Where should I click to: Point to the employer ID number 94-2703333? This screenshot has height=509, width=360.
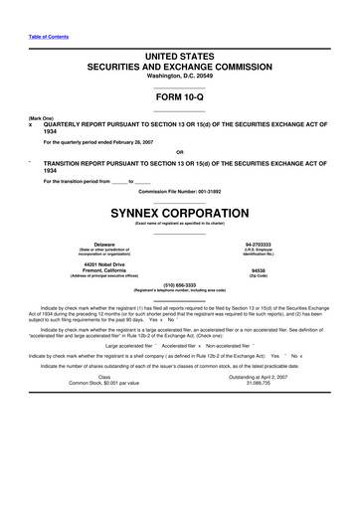pyautogui.click(x=259, y=244)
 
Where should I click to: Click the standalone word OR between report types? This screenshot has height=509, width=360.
pyautogui.click(x=180, y=152)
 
